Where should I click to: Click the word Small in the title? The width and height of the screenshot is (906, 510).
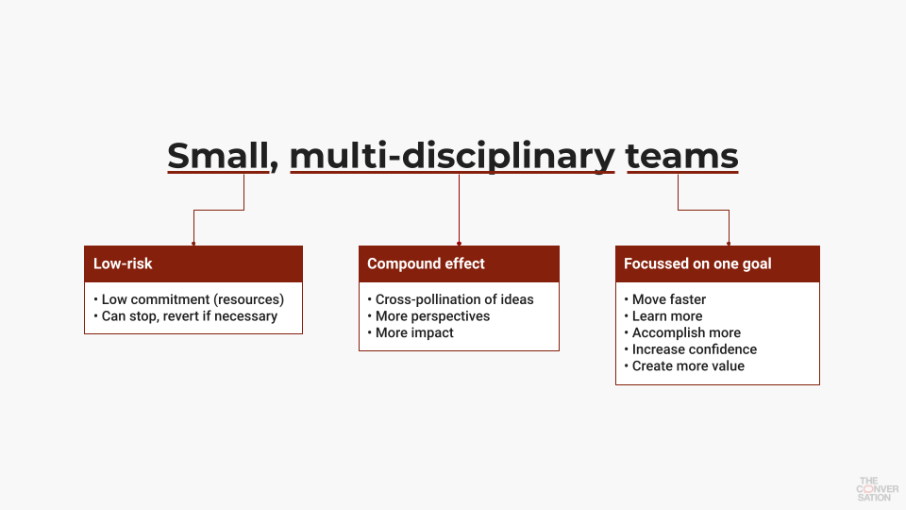tap(218, 156)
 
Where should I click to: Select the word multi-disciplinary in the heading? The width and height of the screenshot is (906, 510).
tap(452, 157)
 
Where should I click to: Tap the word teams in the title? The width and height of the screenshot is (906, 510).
tap(681, 156)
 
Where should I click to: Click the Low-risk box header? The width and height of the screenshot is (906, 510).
tap(193, 263)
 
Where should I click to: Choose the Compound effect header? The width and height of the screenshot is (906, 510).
tap(459, 263)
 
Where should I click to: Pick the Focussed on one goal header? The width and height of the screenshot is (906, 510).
tap(717, 263)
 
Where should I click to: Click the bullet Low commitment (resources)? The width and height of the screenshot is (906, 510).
tap(189, 299)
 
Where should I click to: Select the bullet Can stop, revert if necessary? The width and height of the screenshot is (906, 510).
tap(186, 316)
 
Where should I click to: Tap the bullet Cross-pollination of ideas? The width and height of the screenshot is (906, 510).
tap(451, 299)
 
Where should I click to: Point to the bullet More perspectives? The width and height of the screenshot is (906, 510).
tap(428, 316)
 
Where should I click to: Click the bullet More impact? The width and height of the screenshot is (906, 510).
tap(411, 332)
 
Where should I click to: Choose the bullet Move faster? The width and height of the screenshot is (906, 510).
tap(665, 299)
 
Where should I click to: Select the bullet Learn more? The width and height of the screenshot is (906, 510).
tap(663, 316)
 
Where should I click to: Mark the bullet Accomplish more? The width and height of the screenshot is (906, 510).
tap(682, 332)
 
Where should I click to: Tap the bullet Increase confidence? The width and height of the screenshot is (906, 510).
tap(691, 349)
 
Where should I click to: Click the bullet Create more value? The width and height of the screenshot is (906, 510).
tap(685, 366)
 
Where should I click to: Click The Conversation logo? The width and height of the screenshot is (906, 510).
tap(877, 489)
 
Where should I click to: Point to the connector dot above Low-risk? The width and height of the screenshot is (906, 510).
tap(193, 244)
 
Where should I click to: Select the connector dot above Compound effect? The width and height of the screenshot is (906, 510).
tap(460, 244)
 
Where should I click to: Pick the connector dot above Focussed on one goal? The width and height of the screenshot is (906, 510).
tap(729, 244)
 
